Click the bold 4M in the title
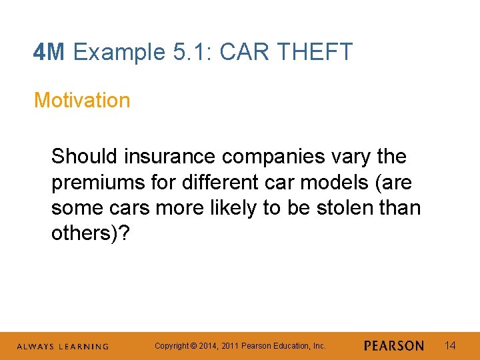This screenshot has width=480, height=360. coord(49,52)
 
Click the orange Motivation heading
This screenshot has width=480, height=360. coord(82,101)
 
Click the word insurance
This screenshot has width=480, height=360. coord(169,157)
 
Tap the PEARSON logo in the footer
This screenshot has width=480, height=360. coord(393,346)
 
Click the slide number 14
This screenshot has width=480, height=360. coord(450,345)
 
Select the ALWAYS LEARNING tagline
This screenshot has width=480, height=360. coord(62,347)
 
